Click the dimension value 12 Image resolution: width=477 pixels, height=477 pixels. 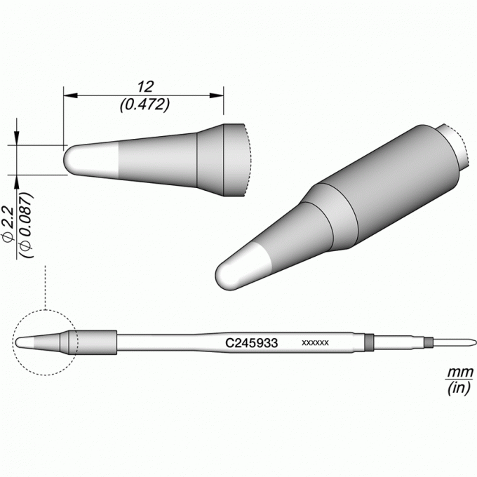click(145, 87)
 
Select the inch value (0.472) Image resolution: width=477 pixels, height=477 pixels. click(145, 105)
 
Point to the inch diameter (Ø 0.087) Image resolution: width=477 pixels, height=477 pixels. click(27, 225)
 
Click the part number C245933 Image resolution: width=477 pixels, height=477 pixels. click(251, 343)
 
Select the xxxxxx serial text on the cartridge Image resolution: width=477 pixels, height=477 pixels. click(315, 343)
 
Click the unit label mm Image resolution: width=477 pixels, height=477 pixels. click(459, 372)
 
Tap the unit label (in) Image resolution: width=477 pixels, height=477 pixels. click(459, 389)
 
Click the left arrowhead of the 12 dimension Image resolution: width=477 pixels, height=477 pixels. click(70, 95)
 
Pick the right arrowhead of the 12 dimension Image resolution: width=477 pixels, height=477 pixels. click(217, 95)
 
